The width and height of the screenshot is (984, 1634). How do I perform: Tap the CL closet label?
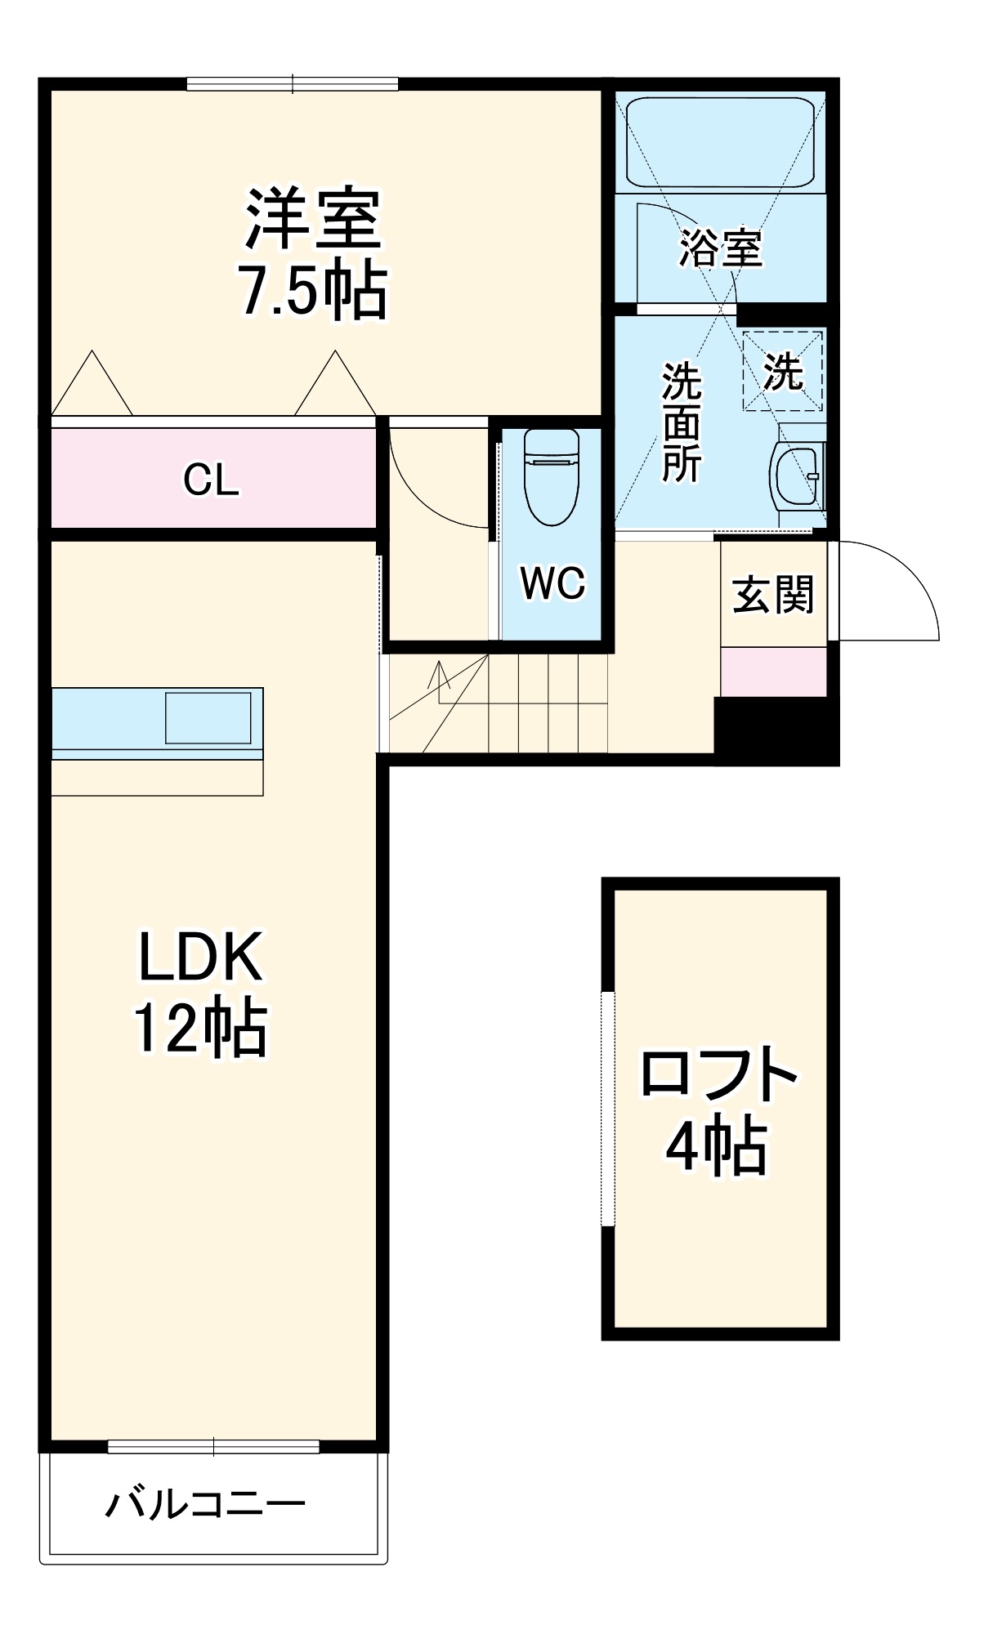211,480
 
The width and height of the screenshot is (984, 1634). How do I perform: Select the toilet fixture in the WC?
552,478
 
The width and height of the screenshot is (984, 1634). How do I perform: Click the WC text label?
552,583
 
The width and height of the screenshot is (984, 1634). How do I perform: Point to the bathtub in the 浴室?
720,143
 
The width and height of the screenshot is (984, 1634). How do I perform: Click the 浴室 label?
721,248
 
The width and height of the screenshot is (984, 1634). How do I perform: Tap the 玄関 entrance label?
772,594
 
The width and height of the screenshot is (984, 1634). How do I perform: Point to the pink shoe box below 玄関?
773,672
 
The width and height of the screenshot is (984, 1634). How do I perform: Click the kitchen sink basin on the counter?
208,718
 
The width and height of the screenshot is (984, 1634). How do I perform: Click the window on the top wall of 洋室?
292,83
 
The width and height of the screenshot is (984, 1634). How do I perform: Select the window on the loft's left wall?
607,1108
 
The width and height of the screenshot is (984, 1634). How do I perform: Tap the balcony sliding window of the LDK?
213,1447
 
